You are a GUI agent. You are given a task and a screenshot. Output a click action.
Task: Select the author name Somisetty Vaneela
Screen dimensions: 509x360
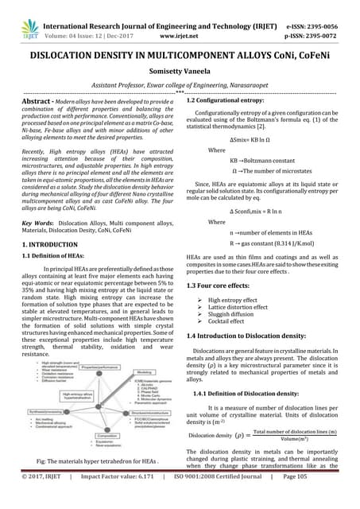180,70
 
